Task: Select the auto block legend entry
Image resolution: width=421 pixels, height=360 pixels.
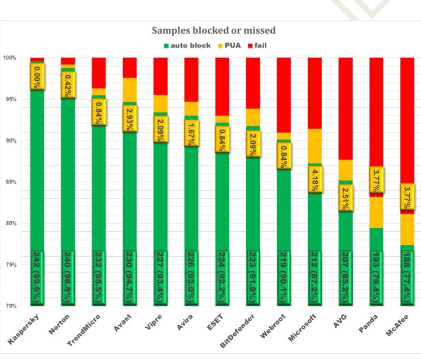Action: tap(186, 45)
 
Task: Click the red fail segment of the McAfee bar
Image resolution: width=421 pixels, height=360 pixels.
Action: tap(407, 118)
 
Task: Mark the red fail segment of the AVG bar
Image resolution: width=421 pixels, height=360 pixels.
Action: tap(345, 107)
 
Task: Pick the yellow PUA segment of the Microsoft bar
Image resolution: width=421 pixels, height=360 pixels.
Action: tap(315, 146)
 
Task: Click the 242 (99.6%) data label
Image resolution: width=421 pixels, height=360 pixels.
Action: tap(38, 276)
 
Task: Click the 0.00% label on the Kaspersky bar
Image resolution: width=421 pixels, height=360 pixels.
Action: tap(38, 76)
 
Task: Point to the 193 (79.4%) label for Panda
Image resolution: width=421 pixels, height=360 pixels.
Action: tap(376, 276)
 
